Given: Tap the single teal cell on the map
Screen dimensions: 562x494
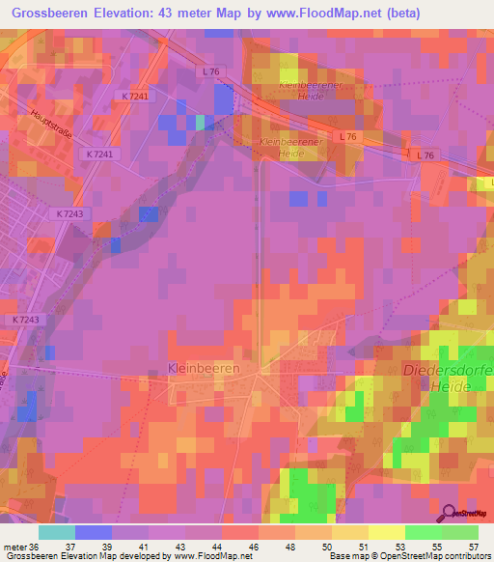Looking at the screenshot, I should (201, 123).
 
